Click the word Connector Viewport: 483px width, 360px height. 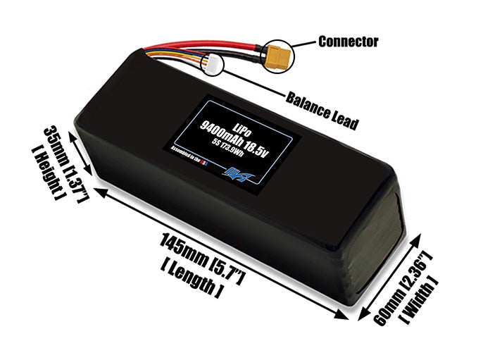(348, 41)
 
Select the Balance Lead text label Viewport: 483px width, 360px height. (322, 110)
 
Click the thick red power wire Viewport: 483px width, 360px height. (211, 44)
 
